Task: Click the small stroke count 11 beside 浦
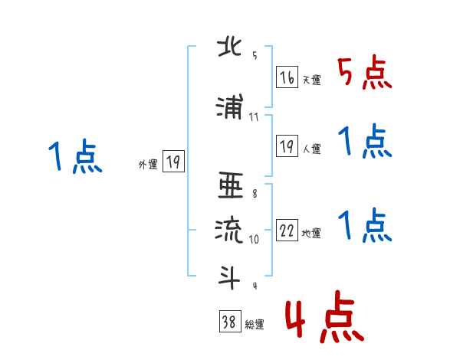click(x=254, y=117)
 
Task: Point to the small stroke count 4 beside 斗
click(x=254, y=285)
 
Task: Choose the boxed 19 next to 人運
click(x=287, y=146)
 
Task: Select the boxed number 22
click(x=287, y=231)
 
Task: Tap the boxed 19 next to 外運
click(x=173, y=162)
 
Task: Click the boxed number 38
click(x=228, y=322)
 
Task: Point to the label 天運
click(x=311, y=80)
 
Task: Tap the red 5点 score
click(x=364, y=74)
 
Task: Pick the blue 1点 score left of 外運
click(x=74, y=159)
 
